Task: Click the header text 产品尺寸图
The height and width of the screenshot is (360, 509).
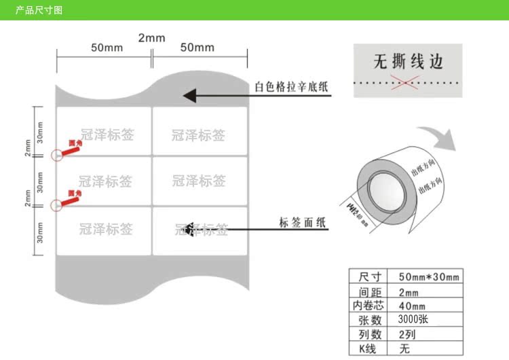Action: tap(39, 11)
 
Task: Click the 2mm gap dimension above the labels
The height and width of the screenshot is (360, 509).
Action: tap(151, 37)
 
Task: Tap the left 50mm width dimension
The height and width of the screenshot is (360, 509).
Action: tap(107, 48)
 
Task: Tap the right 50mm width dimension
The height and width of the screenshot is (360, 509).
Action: tap(197, 48)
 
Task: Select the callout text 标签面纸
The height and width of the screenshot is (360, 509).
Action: tap(303, 223)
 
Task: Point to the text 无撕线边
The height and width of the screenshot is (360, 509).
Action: tap(408, 62)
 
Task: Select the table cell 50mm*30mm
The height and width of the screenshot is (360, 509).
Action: tap(429, 276)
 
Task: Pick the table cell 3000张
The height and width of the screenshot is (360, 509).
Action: tap(413, 319)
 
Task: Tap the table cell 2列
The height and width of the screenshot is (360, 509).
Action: tap(406, 334)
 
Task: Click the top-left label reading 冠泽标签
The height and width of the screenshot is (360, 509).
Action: tap(107, 134)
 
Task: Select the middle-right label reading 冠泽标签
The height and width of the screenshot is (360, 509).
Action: tap(198, 181)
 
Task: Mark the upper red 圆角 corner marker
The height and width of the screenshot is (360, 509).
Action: tap(68, 146)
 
